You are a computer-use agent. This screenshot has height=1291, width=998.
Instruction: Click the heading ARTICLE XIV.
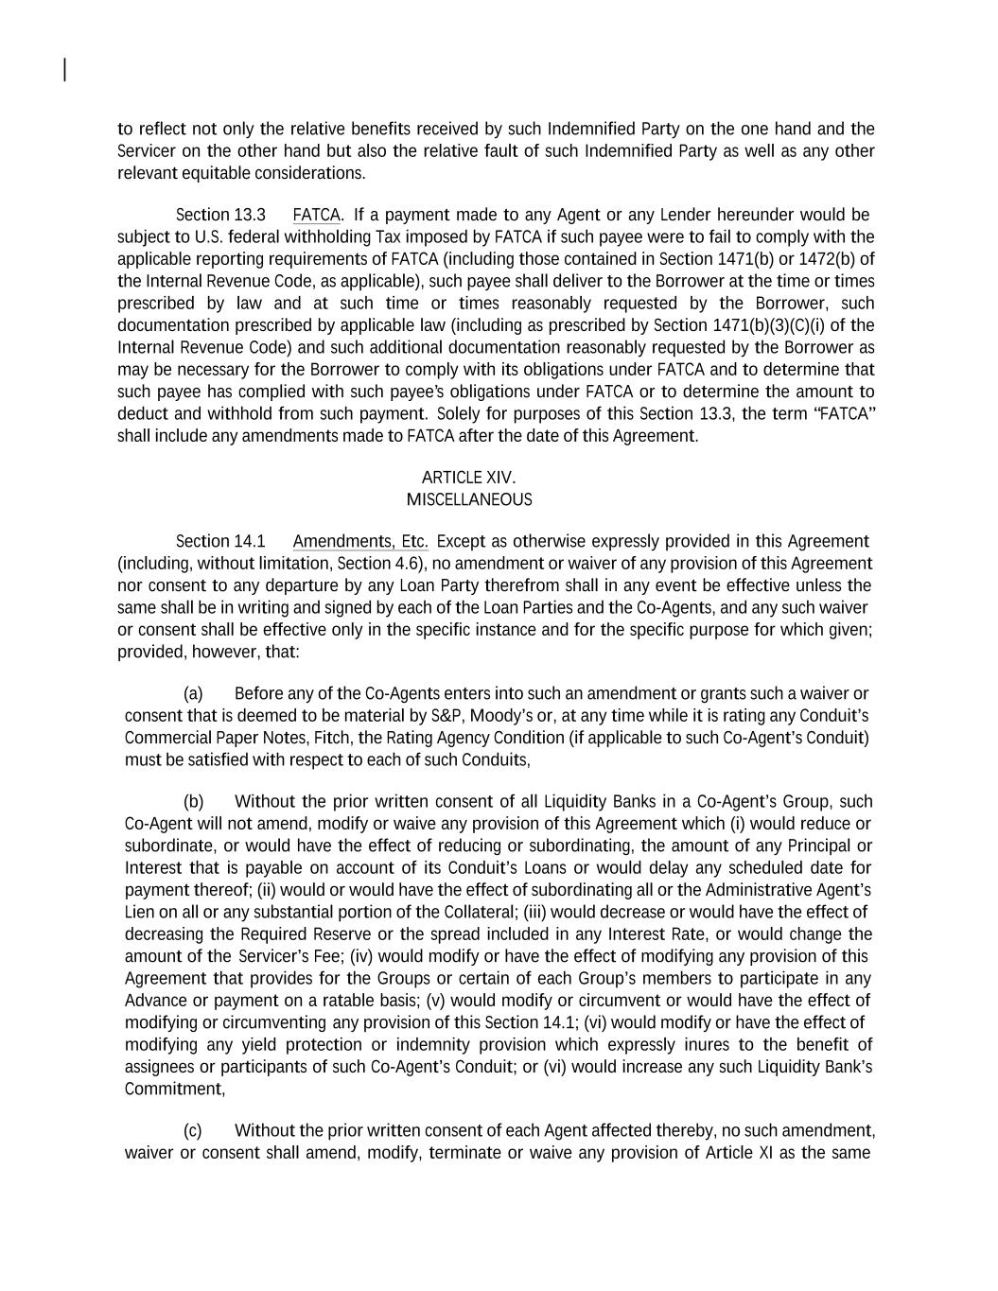(468, 478)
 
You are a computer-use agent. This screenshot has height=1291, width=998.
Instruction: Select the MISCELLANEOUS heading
(469, 499)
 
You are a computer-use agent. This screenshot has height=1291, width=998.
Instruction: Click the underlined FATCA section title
(316, 215)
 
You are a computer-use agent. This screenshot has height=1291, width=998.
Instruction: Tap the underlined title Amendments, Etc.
(360, 541)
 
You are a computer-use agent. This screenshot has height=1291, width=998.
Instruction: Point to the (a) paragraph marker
(193, 693)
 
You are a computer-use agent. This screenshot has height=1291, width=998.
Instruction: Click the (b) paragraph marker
(193, 801)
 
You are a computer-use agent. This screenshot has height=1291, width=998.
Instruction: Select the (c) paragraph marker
(192, 1130)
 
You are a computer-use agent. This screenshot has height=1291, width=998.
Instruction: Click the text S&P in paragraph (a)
(446, 715)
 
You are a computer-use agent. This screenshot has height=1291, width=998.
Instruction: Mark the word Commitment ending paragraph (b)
(173, 1089)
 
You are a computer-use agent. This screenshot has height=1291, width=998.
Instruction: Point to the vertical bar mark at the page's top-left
(64, 70)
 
